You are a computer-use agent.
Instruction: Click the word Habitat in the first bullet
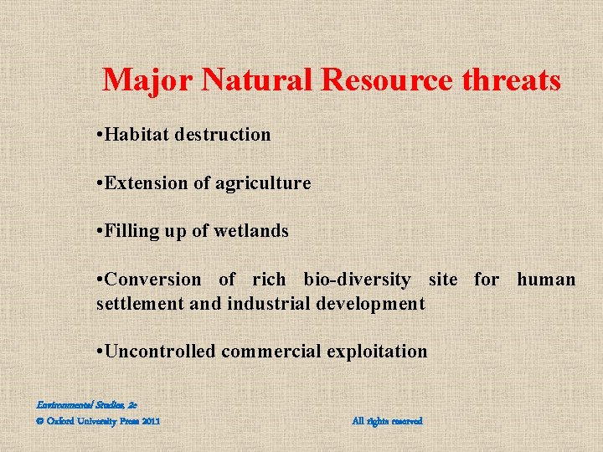click(137, 135)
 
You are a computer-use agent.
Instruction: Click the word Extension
click(142, 182)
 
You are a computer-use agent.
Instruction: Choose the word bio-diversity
click(358, 280)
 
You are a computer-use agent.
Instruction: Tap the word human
click(546, 280)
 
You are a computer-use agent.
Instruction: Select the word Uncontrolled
click(160, 352)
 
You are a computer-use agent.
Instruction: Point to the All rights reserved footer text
click(387, 421)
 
